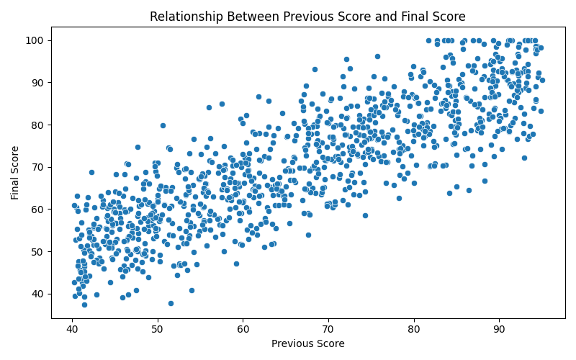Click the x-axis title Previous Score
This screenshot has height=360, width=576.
[x=307, y=343]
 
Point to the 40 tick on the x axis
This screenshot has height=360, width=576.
[x=72, y=329]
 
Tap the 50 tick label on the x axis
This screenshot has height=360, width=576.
[x=158, y=329]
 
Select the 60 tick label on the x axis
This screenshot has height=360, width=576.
[x=243, y=329]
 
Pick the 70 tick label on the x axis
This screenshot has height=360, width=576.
[x=328, y=329]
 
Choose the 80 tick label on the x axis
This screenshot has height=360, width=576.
[x=414, y=329]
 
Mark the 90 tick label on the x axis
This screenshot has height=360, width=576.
[x=499, y=329]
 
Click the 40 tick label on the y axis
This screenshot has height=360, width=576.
[x=37, y=294]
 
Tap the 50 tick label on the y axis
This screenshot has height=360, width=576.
[x=37, y=251]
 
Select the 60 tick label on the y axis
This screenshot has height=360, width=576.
[x=37, y=209]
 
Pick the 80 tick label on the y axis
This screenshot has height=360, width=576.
[x=37, y=125]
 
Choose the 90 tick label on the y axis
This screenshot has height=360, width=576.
[x=37, y=82]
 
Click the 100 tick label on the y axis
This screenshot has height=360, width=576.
[x=35, y=40]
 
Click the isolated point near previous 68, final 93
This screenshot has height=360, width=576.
[x=315, y=69]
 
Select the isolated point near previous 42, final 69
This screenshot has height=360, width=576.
[x=91, y=172]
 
